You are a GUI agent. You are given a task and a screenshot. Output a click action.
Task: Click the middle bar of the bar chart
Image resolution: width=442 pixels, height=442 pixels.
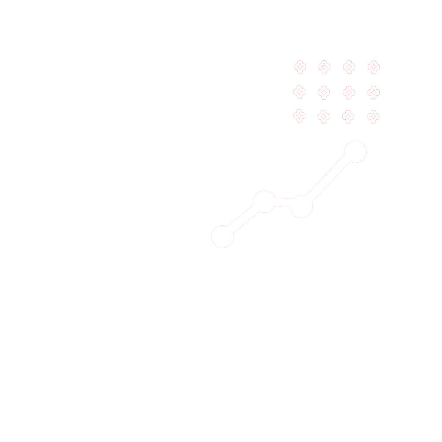coord(306,302)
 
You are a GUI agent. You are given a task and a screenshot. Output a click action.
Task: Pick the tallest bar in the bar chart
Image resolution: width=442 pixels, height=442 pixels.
coord(355,268)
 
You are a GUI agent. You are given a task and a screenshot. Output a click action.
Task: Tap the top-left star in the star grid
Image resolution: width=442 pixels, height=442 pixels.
coord(299,67)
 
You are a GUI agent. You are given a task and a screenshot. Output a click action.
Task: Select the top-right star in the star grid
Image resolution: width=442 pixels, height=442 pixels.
coord(374,67)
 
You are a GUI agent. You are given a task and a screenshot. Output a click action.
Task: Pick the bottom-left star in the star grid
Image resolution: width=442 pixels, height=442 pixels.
coord(299,116)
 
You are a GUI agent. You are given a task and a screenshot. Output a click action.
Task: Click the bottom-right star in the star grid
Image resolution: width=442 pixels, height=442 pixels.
coord(374,116)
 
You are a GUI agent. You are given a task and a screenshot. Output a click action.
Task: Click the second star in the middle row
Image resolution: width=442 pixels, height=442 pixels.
coord(324,92)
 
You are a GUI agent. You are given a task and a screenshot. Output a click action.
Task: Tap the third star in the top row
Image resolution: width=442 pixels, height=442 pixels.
coord(349,67)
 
